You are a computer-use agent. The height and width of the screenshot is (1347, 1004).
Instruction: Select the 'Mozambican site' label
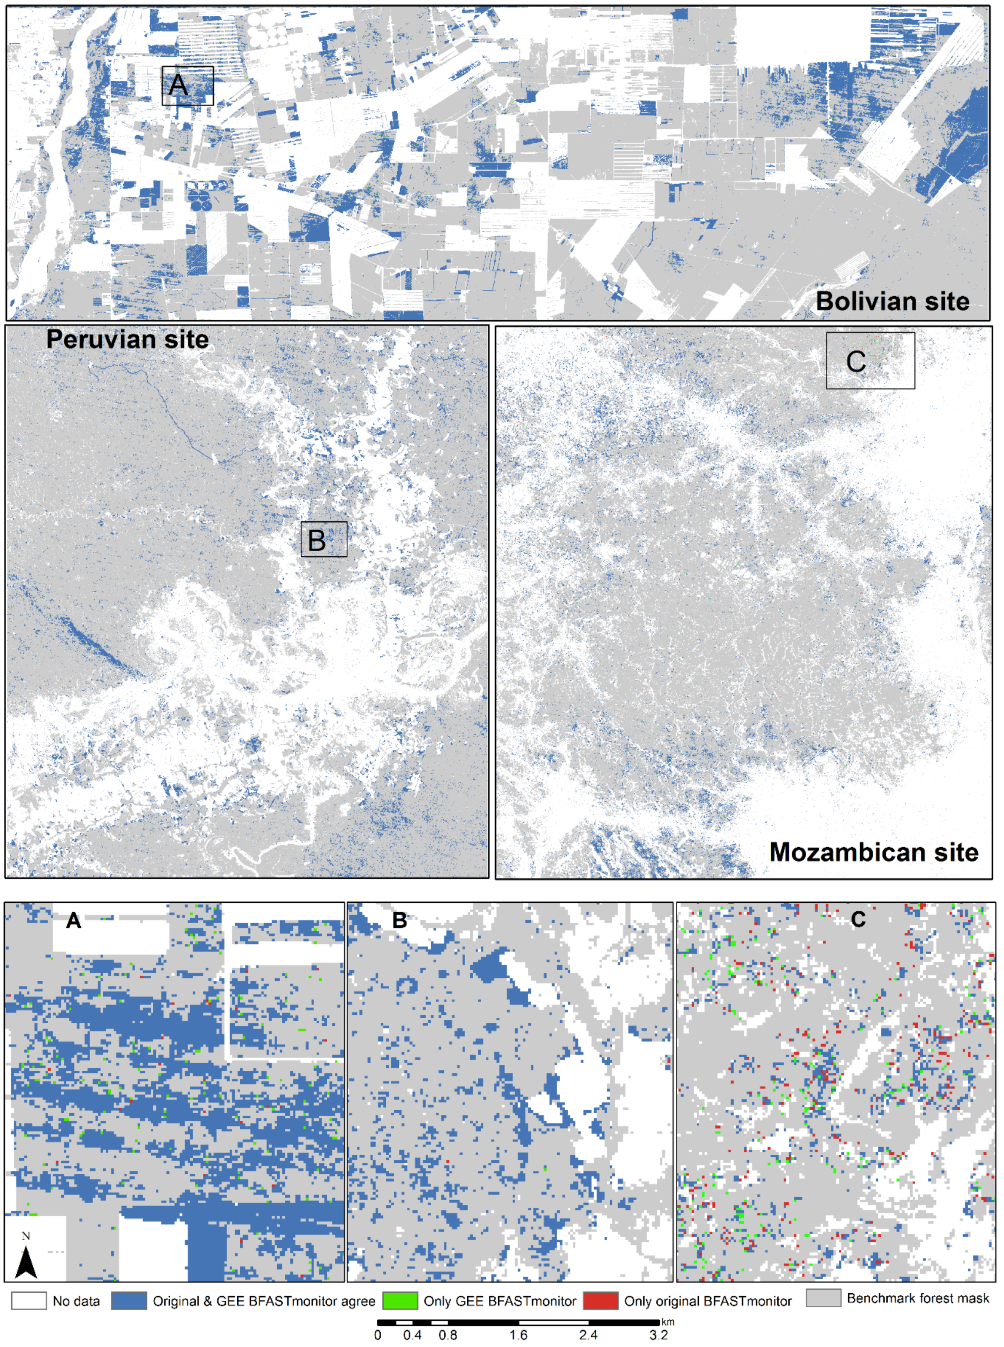[x=873, y=852]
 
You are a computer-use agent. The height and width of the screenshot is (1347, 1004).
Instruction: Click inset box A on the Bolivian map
[x=188, y=86]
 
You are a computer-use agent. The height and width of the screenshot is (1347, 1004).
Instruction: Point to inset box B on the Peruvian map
[x=324, y=539]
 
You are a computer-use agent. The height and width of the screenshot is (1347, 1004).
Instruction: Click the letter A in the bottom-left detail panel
[x=74, y=921]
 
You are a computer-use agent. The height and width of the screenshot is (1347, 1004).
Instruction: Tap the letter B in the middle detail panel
[x=399, y=920]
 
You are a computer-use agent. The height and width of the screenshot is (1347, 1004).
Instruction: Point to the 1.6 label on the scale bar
[x=518, y=1336]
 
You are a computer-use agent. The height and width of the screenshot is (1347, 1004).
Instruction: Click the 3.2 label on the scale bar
[x=659, y=1336]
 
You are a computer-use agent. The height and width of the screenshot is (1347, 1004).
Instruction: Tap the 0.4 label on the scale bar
[x=413, y=1336]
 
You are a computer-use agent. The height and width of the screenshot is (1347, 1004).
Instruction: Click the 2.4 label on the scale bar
[x=588, y=1336]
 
